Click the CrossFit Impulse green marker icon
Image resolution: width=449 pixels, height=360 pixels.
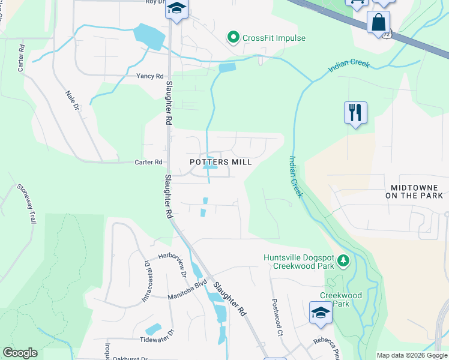(233, 38)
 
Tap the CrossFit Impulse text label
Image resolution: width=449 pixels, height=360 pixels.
(274, 38)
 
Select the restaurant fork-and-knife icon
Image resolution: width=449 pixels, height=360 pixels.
(355, 112)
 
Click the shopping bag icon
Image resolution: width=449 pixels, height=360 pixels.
(379, 22)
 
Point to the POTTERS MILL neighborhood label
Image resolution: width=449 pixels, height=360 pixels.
(220, 162)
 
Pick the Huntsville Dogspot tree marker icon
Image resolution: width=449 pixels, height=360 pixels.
(343, 260)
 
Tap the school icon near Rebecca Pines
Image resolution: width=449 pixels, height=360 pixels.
(321, 313)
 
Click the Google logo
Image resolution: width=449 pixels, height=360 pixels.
(20, 353)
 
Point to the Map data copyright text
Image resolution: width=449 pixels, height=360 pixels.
(412, 355)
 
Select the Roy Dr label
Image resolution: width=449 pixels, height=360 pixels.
(155, 2)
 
